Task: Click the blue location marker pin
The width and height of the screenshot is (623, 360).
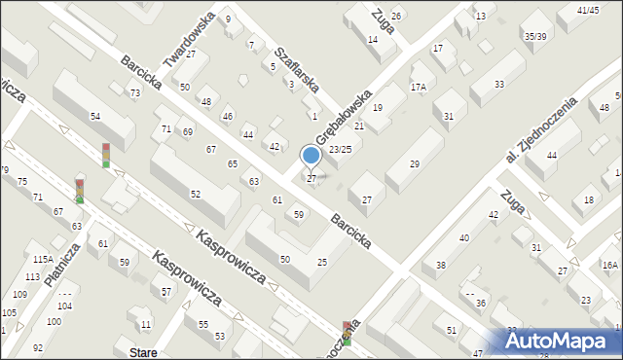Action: point(311,156)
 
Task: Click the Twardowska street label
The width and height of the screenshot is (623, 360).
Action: point(189,40)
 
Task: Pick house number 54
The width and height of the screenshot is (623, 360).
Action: point(95,117)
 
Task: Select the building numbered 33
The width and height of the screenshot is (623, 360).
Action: point(498,85)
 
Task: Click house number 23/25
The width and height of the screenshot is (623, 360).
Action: point(340,149)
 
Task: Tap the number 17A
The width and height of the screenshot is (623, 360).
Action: point(418,87)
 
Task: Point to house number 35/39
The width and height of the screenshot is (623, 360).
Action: point(534,36)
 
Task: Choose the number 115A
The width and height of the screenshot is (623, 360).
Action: point(42,260)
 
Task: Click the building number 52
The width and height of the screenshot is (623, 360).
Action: point(195,195)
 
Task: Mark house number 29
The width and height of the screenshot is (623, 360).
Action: point(414,164)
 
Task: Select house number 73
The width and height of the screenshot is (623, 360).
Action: point(134,92)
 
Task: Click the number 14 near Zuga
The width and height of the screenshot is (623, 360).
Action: point(373,39)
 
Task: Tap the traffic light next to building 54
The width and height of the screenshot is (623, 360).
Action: point(105,154)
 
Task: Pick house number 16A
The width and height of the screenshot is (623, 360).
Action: point(609,265)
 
